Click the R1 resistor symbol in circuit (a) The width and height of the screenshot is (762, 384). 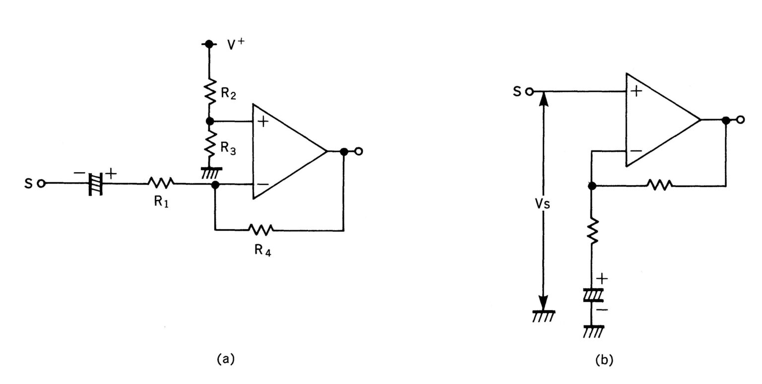click(x=161, y=184)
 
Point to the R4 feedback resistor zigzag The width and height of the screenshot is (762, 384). click(x=260, y=230)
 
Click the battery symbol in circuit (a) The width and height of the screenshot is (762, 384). click(x=95, y=184)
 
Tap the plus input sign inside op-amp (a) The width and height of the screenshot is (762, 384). click(x=263, y=122)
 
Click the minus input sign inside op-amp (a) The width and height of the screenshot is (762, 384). click(x=263, y=185)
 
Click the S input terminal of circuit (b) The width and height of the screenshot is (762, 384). click(x=529, y=92)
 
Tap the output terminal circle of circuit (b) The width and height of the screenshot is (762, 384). click(x=741, y=120)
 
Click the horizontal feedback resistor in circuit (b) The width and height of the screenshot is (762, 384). click(x=659, y=185)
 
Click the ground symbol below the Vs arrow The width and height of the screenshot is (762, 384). click(x=544, y=316)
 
